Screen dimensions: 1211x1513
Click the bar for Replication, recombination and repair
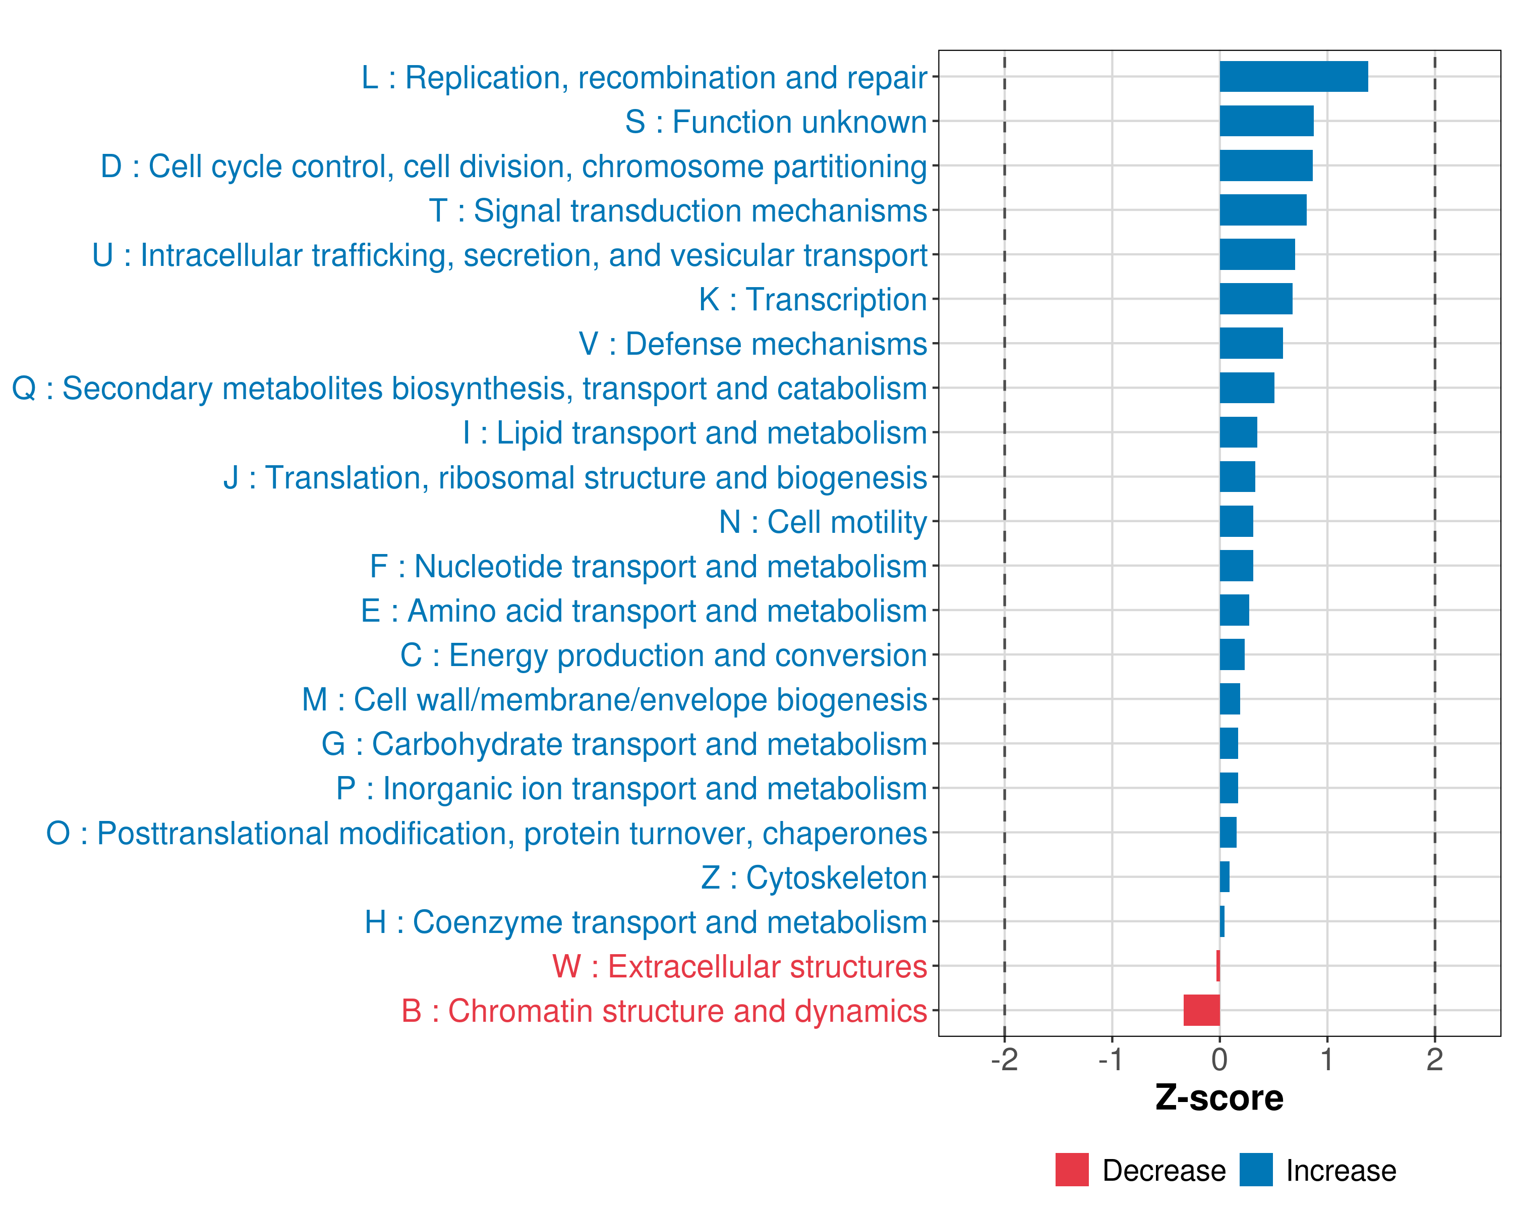[1293, 77]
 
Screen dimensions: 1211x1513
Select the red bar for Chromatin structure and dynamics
[1201, 1010]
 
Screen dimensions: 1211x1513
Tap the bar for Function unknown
[1266, 121]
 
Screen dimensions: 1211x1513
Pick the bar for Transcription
[1255, 299]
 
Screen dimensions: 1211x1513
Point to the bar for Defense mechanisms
[1251, 343]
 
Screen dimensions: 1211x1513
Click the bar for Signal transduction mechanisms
[1262, 210]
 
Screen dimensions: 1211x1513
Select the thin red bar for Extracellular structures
[1217, 966]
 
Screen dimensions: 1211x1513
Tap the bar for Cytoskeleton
[1224, 877]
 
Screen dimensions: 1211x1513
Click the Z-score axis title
[1219, 1098]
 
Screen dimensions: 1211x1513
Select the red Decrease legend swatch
[1072, 1170]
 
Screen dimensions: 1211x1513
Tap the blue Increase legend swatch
[1255, 1170]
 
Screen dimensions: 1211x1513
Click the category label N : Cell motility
[823, 522]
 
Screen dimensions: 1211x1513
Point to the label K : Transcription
[812, 300]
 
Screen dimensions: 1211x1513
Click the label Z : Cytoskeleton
[814, 877]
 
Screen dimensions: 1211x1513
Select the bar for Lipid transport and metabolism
[1238, 432]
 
